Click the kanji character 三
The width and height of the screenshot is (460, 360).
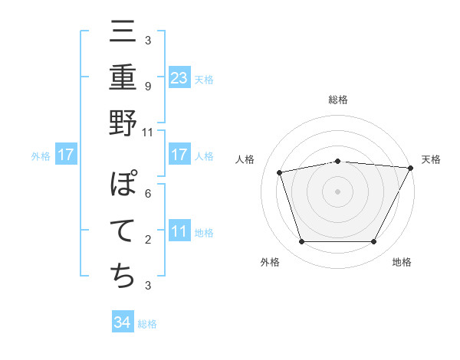pyautogui.click(x=123, y=35)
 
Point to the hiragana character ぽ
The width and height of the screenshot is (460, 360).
pyautogui.click(x=123, y=186)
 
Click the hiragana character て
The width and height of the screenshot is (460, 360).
pyautogui.click(x=123, y=231)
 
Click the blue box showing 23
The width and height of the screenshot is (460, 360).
pyautogui.click(x=179, y=77)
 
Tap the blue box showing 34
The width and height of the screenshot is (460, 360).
pyautogui.click(x=123, y=322)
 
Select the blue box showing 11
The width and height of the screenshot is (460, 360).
pyautogui.click(x=179, y=231)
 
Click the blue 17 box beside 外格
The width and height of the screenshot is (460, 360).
pyautogui.click(x=66, y=155)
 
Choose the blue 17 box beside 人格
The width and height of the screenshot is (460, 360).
pyautogui.click(x=179, y=155)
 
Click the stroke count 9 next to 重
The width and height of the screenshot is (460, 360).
pyautogui.click(x=147, y=86)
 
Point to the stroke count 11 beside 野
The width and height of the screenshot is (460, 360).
pyautogui.click(x=147, y=132)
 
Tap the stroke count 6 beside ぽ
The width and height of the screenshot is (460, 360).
pyautogui.click(x=147, y=193)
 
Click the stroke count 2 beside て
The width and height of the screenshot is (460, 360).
pyautogui.click(x=147, y=240)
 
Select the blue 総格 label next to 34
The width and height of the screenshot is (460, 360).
pyautogui.click(x=147, y=324)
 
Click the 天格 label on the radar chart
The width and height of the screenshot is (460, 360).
pyautogui.click(x=431, y=159)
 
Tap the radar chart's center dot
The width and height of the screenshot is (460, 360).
pyautogui.click(x=337, y=191)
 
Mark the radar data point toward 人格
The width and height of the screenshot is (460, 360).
pyautogui.click(x=280, y=172)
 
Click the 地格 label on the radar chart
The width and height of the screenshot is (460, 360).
pyautogui.click(x=402, y=263)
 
